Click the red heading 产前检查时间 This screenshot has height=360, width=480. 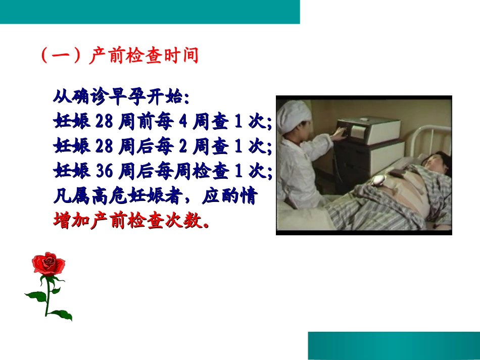tap(143, 56)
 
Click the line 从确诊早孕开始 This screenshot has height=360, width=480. tap(121, 96)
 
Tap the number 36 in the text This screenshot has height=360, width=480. tap(105, 172)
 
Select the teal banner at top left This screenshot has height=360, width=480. tap(150, 12)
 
